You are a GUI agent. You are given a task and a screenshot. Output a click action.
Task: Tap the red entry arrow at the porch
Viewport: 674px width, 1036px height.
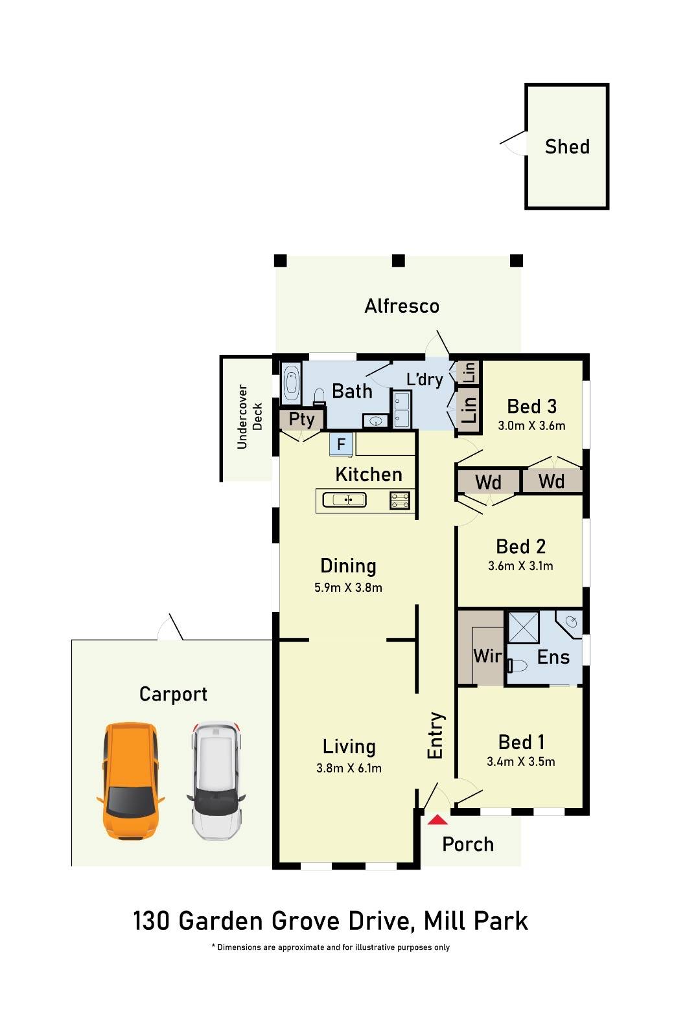[438, 820]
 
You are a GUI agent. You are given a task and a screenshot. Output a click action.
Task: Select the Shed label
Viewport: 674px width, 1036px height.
[567, 147]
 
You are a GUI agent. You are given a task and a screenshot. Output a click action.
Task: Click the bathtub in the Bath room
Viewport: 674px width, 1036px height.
[292, 383]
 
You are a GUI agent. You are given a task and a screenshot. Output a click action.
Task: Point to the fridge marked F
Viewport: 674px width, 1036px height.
[341, 445]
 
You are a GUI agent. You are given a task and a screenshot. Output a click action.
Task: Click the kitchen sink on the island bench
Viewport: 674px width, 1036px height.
[345, 500]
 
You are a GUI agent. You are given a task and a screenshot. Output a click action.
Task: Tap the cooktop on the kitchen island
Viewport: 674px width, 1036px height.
[399, 500]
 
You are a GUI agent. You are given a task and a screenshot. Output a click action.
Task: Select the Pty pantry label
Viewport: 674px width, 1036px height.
[301, 419]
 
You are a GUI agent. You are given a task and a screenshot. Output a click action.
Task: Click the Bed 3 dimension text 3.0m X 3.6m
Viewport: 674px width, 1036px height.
[531, 426]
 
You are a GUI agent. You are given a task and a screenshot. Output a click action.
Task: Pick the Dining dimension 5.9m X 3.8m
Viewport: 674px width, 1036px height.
[348, 588]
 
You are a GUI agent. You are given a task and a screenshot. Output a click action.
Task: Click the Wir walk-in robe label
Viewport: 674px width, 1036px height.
[487, 656]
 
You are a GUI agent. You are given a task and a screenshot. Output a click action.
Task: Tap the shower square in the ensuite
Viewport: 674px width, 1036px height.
[523, 626]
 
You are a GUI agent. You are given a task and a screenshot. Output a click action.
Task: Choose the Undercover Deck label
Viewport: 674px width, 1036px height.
[250, 416]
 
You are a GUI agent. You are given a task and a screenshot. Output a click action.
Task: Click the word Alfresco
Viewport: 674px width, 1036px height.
[402, 306]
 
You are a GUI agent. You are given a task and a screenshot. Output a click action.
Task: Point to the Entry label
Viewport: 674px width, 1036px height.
[436, 736]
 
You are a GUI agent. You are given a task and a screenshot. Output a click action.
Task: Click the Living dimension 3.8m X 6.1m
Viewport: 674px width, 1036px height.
[349, 769]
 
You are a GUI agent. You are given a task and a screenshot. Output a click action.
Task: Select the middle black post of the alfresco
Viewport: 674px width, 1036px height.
[399, 261]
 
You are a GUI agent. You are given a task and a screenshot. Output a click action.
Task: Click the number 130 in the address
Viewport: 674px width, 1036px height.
[152, 921]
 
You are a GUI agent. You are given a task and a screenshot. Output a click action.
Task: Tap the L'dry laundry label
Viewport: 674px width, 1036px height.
[424, 379]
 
